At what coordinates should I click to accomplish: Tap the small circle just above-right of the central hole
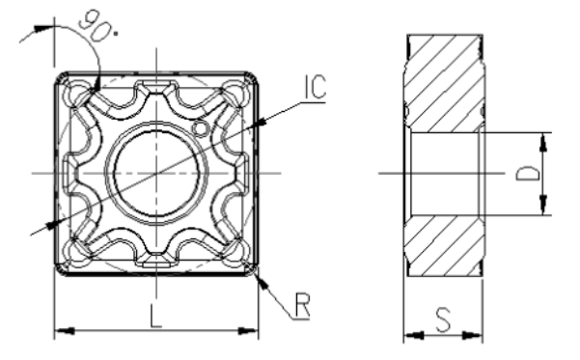pyautogui.click(x=200, y=128)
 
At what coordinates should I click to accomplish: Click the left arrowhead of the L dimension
pyautogui.click(x=61, y=332)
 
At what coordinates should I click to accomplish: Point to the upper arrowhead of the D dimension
pyautogui.click(x=544, y=140)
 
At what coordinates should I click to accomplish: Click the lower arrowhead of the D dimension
pyautogui.click(x=544, y=208)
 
